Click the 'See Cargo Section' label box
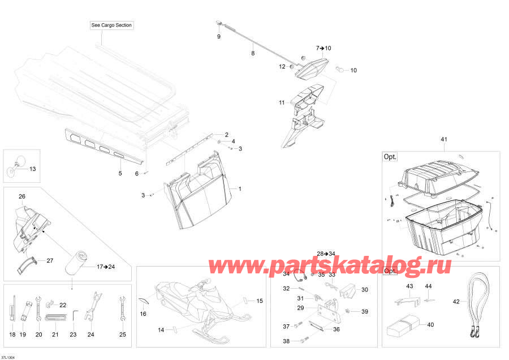pos(111,25)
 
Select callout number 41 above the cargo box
pos(444,139)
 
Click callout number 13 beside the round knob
pos(32,169)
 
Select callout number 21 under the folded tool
pos(55,335)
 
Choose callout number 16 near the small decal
pos(143,314)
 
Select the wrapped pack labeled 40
pos(402,325)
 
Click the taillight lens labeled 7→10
pos(312,68)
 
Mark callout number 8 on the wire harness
pos(253,53)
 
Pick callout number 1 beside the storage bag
pos(240,188)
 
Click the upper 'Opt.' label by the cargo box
pos(390,157)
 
